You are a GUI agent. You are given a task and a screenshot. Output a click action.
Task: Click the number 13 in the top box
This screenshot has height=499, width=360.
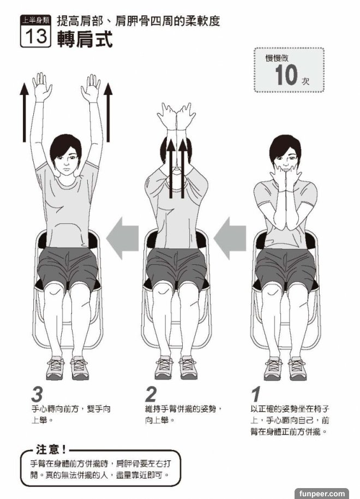tap(35, 36)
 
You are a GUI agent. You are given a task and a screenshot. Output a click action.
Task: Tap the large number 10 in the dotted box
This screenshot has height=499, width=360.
tap(286, 75)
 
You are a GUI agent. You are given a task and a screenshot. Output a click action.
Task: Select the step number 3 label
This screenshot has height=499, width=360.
tap(37, 394)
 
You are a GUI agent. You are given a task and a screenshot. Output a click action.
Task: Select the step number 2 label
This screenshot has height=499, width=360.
tap(151, 394)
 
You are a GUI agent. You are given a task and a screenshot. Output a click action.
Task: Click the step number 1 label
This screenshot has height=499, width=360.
tap(256, 394)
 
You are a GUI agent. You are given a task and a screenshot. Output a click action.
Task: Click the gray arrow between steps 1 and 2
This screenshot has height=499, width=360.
tap(230, 238)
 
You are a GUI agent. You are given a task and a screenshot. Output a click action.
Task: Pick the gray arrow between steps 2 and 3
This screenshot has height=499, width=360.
tap(122, 238)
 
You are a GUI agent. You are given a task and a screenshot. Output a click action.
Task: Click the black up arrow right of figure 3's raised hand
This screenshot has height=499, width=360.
tap(108, 112)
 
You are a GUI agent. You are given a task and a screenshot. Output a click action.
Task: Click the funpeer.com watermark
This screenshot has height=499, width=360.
tap(321, 494)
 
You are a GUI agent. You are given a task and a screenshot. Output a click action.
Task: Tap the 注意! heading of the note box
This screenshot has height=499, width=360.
tap(51, 449)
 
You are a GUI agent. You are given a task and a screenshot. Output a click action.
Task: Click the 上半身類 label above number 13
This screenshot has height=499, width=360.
tap(35, 21)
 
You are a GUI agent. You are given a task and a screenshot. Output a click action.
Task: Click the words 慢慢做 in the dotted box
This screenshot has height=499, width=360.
tap(277, 58)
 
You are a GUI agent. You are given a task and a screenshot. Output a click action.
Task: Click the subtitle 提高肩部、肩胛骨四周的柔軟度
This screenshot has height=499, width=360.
tap(139, 21)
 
